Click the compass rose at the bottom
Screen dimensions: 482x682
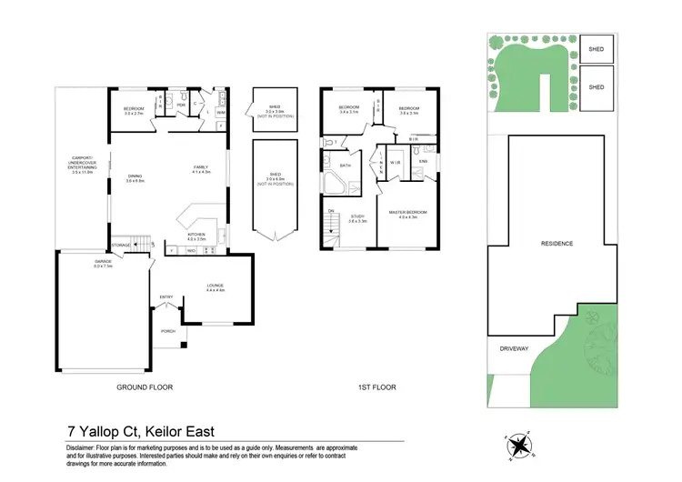point(520,444)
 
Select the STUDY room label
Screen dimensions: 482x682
point(356,218)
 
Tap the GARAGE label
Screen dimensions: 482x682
point(102,264)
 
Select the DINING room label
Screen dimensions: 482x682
point(135,178)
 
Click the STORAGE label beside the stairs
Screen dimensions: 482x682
point(121,245)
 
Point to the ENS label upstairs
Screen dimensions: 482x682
point(423,163)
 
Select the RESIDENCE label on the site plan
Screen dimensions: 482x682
point(557,244)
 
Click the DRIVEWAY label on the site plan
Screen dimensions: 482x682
point(514,348)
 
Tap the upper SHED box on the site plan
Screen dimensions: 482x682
point(597,50)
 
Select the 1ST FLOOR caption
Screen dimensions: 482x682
point(377,387)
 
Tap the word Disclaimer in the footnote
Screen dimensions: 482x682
point(85,448)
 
